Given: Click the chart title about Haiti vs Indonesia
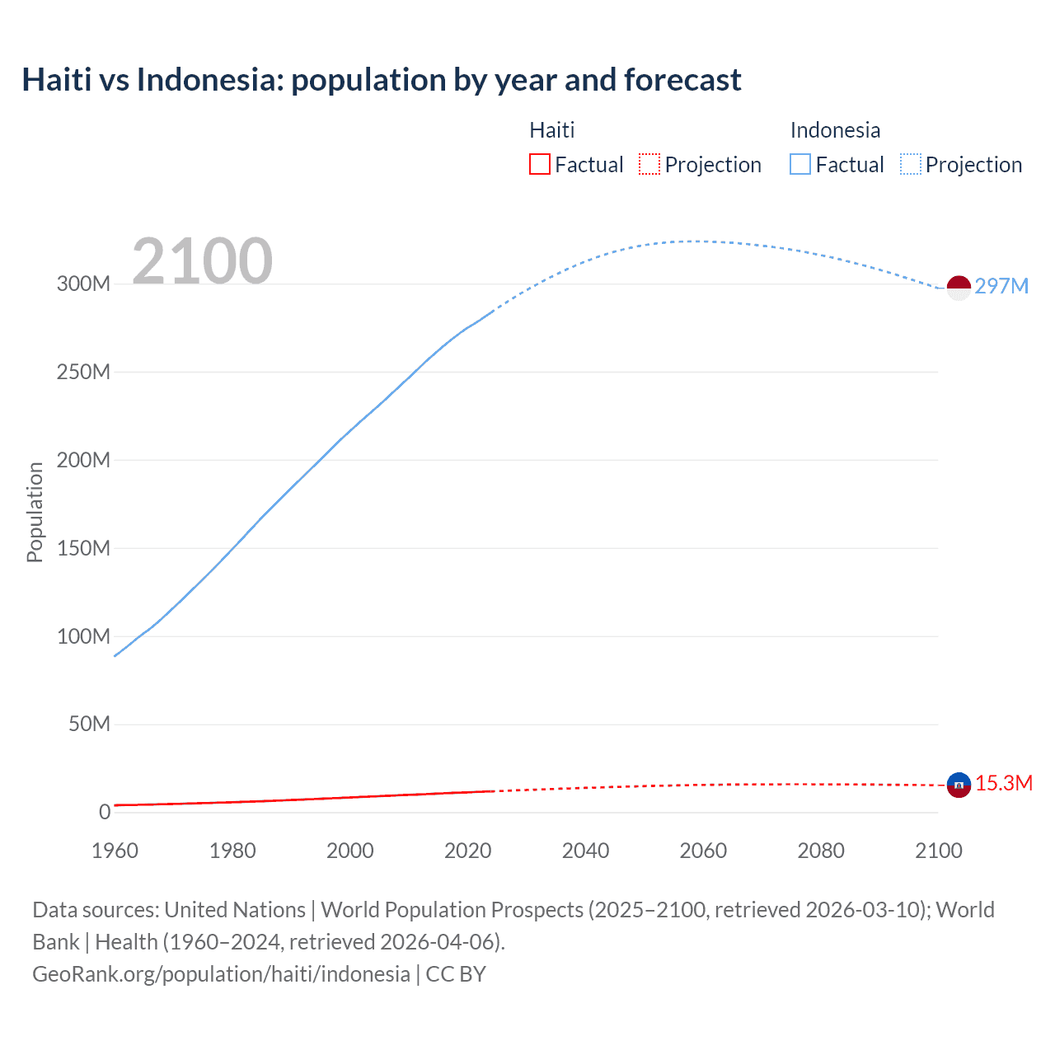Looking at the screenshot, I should (382, 80).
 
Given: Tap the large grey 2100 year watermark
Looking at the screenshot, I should (202, 261).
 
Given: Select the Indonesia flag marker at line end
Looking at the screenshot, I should (959, 288).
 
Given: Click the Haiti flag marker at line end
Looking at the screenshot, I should (959, 785).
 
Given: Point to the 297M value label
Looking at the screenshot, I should (1001, 286).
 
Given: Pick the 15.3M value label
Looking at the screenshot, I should (1003, 783).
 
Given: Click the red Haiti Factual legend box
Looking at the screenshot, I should (539, 164).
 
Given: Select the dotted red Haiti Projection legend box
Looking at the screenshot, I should (649, 164).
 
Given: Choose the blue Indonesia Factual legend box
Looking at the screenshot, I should (799, 164).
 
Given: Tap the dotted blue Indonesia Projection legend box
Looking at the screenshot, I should (910, 164).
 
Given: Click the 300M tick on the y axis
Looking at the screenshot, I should (83, 284).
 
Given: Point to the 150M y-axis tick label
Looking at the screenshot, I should (83, 548).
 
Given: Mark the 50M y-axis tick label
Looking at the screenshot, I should (89, 724).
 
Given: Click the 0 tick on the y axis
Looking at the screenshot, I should (105, 812).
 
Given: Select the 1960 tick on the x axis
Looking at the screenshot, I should (115, 851).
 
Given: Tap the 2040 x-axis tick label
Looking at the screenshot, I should (585, 851).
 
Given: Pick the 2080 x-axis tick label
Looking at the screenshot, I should (821, 851).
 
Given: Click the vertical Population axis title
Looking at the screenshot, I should (35, 512).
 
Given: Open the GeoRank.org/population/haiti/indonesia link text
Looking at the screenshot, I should (221, 973).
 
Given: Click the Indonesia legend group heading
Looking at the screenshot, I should (835, 130).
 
